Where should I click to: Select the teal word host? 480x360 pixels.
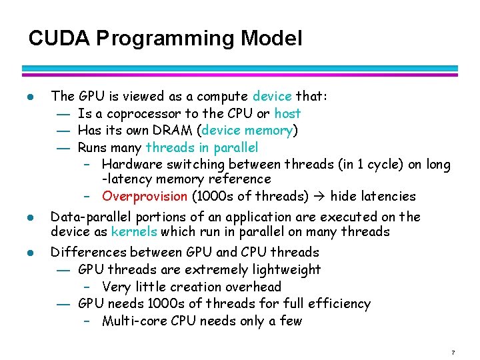[x=287, y=113]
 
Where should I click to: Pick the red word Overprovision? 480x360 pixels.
[x=145, y=197]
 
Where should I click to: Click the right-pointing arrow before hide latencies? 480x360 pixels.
[x=321, y=197]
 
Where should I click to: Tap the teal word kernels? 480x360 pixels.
[x=133, y=232]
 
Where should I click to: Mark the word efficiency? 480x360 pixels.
[x=340, y=304]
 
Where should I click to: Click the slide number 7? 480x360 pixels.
[x=453, y=351]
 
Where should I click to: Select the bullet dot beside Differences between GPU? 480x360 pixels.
[x=29, y=253]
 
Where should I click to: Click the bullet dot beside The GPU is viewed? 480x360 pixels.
[x=29, y=97]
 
